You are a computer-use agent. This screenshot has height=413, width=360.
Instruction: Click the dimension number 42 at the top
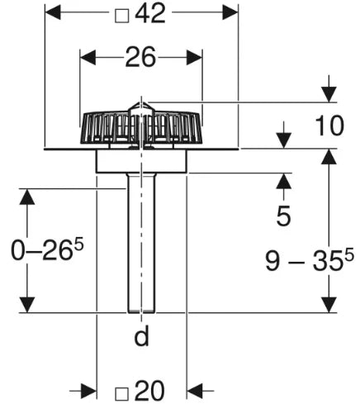point(150,13)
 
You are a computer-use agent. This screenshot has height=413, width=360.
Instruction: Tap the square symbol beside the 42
point(122,16)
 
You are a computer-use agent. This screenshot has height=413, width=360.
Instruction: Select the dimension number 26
point(140,57)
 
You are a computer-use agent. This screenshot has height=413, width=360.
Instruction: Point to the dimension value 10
point(329,126)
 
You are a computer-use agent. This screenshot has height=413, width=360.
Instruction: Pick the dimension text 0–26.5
point(47,249)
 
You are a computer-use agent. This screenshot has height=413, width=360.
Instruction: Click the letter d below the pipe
point(141,335)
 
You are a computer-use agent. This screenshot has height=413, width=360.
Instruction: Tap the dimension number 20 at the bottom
point(149,391)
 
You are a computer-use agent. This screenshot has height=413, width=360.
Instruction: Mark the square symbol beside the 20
point(121,394)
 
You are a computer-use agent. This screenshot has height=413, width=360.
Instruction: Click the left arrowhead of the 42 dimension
point(53,12)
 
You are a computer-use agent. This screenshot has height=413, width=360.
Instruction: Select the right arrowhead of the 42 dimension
point(230,12)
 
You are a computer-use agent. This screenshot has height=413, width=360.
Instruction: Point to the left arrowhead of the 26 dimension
point(88,58)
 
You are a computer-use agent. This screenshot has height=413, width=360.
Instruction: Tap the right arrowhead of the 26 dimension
point(194,58)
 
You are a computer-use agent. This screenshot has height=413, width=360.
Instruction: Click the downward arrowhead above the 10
point(329,94)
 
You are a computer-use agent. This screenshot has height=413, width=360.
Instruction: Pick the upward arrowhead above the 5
point(284,181)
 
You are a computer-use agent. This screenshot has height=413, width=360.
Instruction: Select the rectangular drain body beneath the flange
point(141,162)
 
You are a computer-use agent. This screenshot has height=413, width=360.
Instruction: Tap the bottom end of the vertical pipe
point(141,312)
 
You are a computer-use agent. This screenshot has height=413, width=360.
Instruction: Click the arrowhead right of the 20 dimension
point(195,391)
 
